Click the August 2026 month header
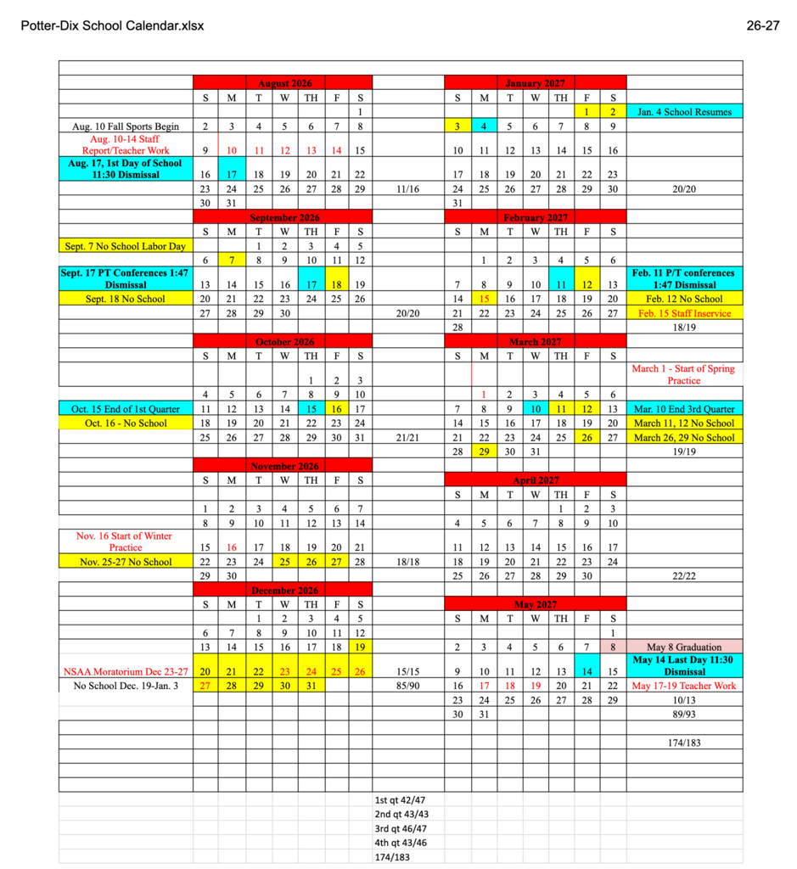tap(284, 83)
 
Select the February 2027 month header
tap(535, 218)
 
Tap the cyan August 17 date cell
tap(231, 174)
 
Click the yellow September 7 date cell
tap(231, 260)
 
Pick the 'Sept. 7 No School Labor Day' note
tap(125, 246)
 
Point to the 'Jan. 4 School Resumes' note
tap(684, 111)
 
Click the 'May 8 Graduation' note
tap(684, 647)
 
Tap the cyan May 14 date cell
tap(586, 671)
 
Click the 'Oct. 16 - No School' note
tap(126, 423)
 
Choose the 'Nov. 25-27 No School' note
tap(126, 562)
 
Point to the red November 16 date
tap(231, 547)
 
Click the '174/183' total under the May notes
tap(684, 743)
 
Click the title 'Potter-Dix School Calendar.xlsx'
tap(112, 26)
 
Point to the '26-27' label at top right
tap(762, 26)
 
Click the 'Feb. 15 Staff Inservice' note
tap(684, 313)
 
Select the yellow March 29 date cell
tap(484, 451)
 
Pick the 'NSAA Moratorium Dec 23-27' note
tap(126, 671)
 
